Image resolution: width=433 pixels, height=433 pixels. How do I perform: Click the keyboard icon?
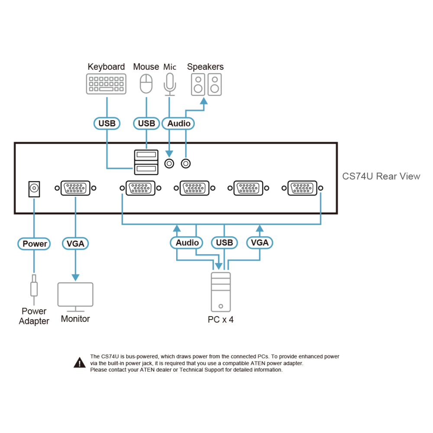[107, 84]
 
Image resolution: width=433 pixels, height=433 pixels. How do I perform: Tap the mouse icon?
[146, 84]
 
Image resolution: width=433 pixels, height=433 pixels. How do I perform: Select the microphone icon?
[170, 84]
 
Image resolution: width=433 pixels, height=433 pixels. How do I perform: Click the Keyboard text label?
[107, 67]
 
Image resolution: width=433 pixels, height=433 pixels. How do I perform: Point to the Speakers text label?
[205, 67]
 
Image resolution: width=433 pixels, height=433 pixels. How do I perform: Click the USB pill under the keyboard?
[107, 123]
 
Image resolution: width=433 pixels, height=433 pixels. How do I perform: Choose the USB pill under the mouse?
[146, 123]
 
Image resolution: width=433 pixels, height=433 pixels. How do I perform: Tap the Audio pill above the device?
[178, 123]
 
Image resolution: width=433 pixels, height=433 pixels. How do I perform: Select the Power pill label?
[34, 244]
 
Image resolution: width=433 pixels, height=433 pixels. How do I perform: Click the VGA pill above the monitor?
[75, 243]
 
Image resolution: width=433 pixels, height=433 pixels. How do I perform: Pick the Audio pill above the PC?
[187, 242]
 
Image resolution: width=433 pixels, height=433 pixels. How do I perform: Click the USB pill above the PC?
[224, 242]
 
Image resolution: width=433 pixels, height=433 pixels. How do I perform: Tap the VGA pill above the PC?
[259, 242]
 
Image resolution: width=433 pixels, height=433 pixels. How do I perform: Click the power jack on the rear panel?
[34, 189]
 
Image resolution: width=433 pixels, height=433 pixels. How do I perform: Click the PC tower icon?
[221, 292]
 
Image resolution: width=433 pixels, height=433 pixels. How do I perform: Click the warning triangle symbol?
[80, 362]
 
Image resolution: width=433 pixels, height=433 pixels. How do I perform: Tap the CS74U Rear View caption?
[381, 176]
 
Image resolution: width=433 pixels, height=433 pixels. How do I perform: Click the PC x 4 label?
[221, 320]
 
